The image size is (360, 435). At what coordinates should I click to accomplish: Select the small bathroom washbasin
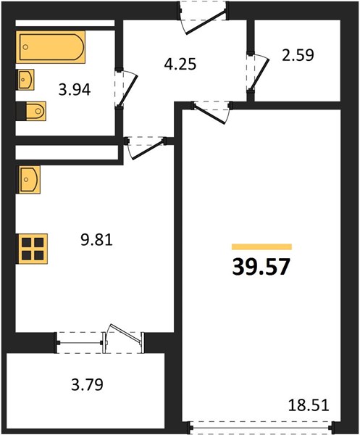point(25,80)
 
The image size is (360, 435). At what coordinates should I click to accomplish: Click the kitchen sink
point(29,180)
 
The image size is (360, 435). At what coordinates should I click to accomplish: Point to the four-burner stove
point(33,249)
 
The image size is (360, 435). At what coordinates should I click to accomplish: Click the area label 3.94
point(75,90)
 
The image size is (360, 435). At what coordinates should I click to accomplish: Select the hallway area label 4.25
point(180,64)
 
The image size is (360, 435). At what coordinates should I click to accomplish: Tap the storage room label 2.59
point(298,55)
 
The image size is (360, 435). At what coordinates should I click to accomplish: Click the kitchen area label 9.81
point(97,240)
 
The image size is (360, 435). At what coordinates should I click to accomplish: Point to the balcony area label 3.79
point(88,384)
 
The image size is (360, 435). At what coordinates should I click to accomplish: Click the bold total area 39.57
point(261,267)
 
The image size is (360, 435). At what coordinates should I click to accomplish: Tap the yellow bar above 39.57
point(262,246)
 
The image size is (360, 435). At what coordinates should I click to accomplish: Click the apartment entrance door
point(204,17)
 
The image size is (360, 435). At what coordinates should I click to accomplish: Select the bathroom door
point(126,88)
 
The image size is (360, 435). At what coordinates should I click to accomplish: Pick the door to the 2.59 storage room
point(258,72)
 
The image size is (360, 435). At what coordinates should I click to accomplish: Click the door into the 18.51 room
point(212,112)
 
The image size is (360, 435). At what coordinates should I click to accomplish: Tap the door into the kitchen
point(146,148)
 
